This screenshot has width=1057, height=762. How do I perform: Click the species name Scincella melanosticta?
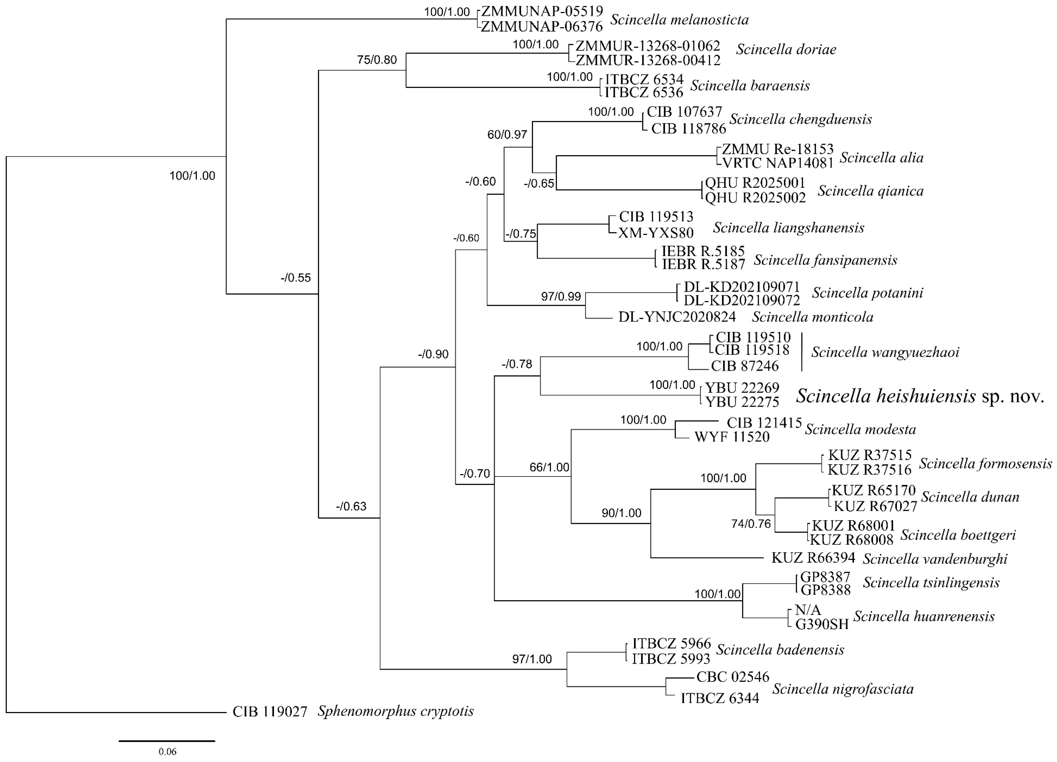(x=680, y=20)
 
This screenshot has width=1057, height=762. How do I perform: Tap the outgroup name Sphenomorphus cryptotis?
(x=396, y=711)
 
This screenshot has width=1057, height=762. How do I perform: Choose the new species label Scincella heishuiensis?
(x=886, y=396)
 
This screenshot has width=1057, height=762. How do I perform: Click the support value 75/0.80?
(x=377, y=60)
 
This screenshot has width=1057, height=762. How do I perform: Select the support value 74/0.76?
(x=751, y=524)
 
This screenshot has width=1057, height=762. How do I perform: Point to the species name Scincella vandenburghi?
(x=935, y=558)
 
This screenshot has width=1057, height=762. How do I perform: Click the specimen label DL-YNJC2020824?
(x=677, y=317)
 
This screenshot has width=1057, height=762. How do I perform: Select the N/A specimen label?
(x=808, y=610)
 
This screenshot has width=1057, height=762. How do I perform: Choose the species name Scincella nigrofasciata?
(x=843, y=689)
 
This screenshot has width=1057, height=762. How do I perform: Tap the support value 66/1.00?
(x=549, y=467)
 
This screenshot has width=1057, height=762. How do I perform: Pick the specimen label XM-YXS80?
(x=656, y=232)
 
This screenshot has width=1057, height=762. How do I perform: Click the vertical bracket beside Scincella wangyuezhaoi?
(x=802, y=352)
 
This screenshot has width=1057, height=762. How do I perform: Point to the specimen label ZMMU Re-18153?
(x=777, y=149)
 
